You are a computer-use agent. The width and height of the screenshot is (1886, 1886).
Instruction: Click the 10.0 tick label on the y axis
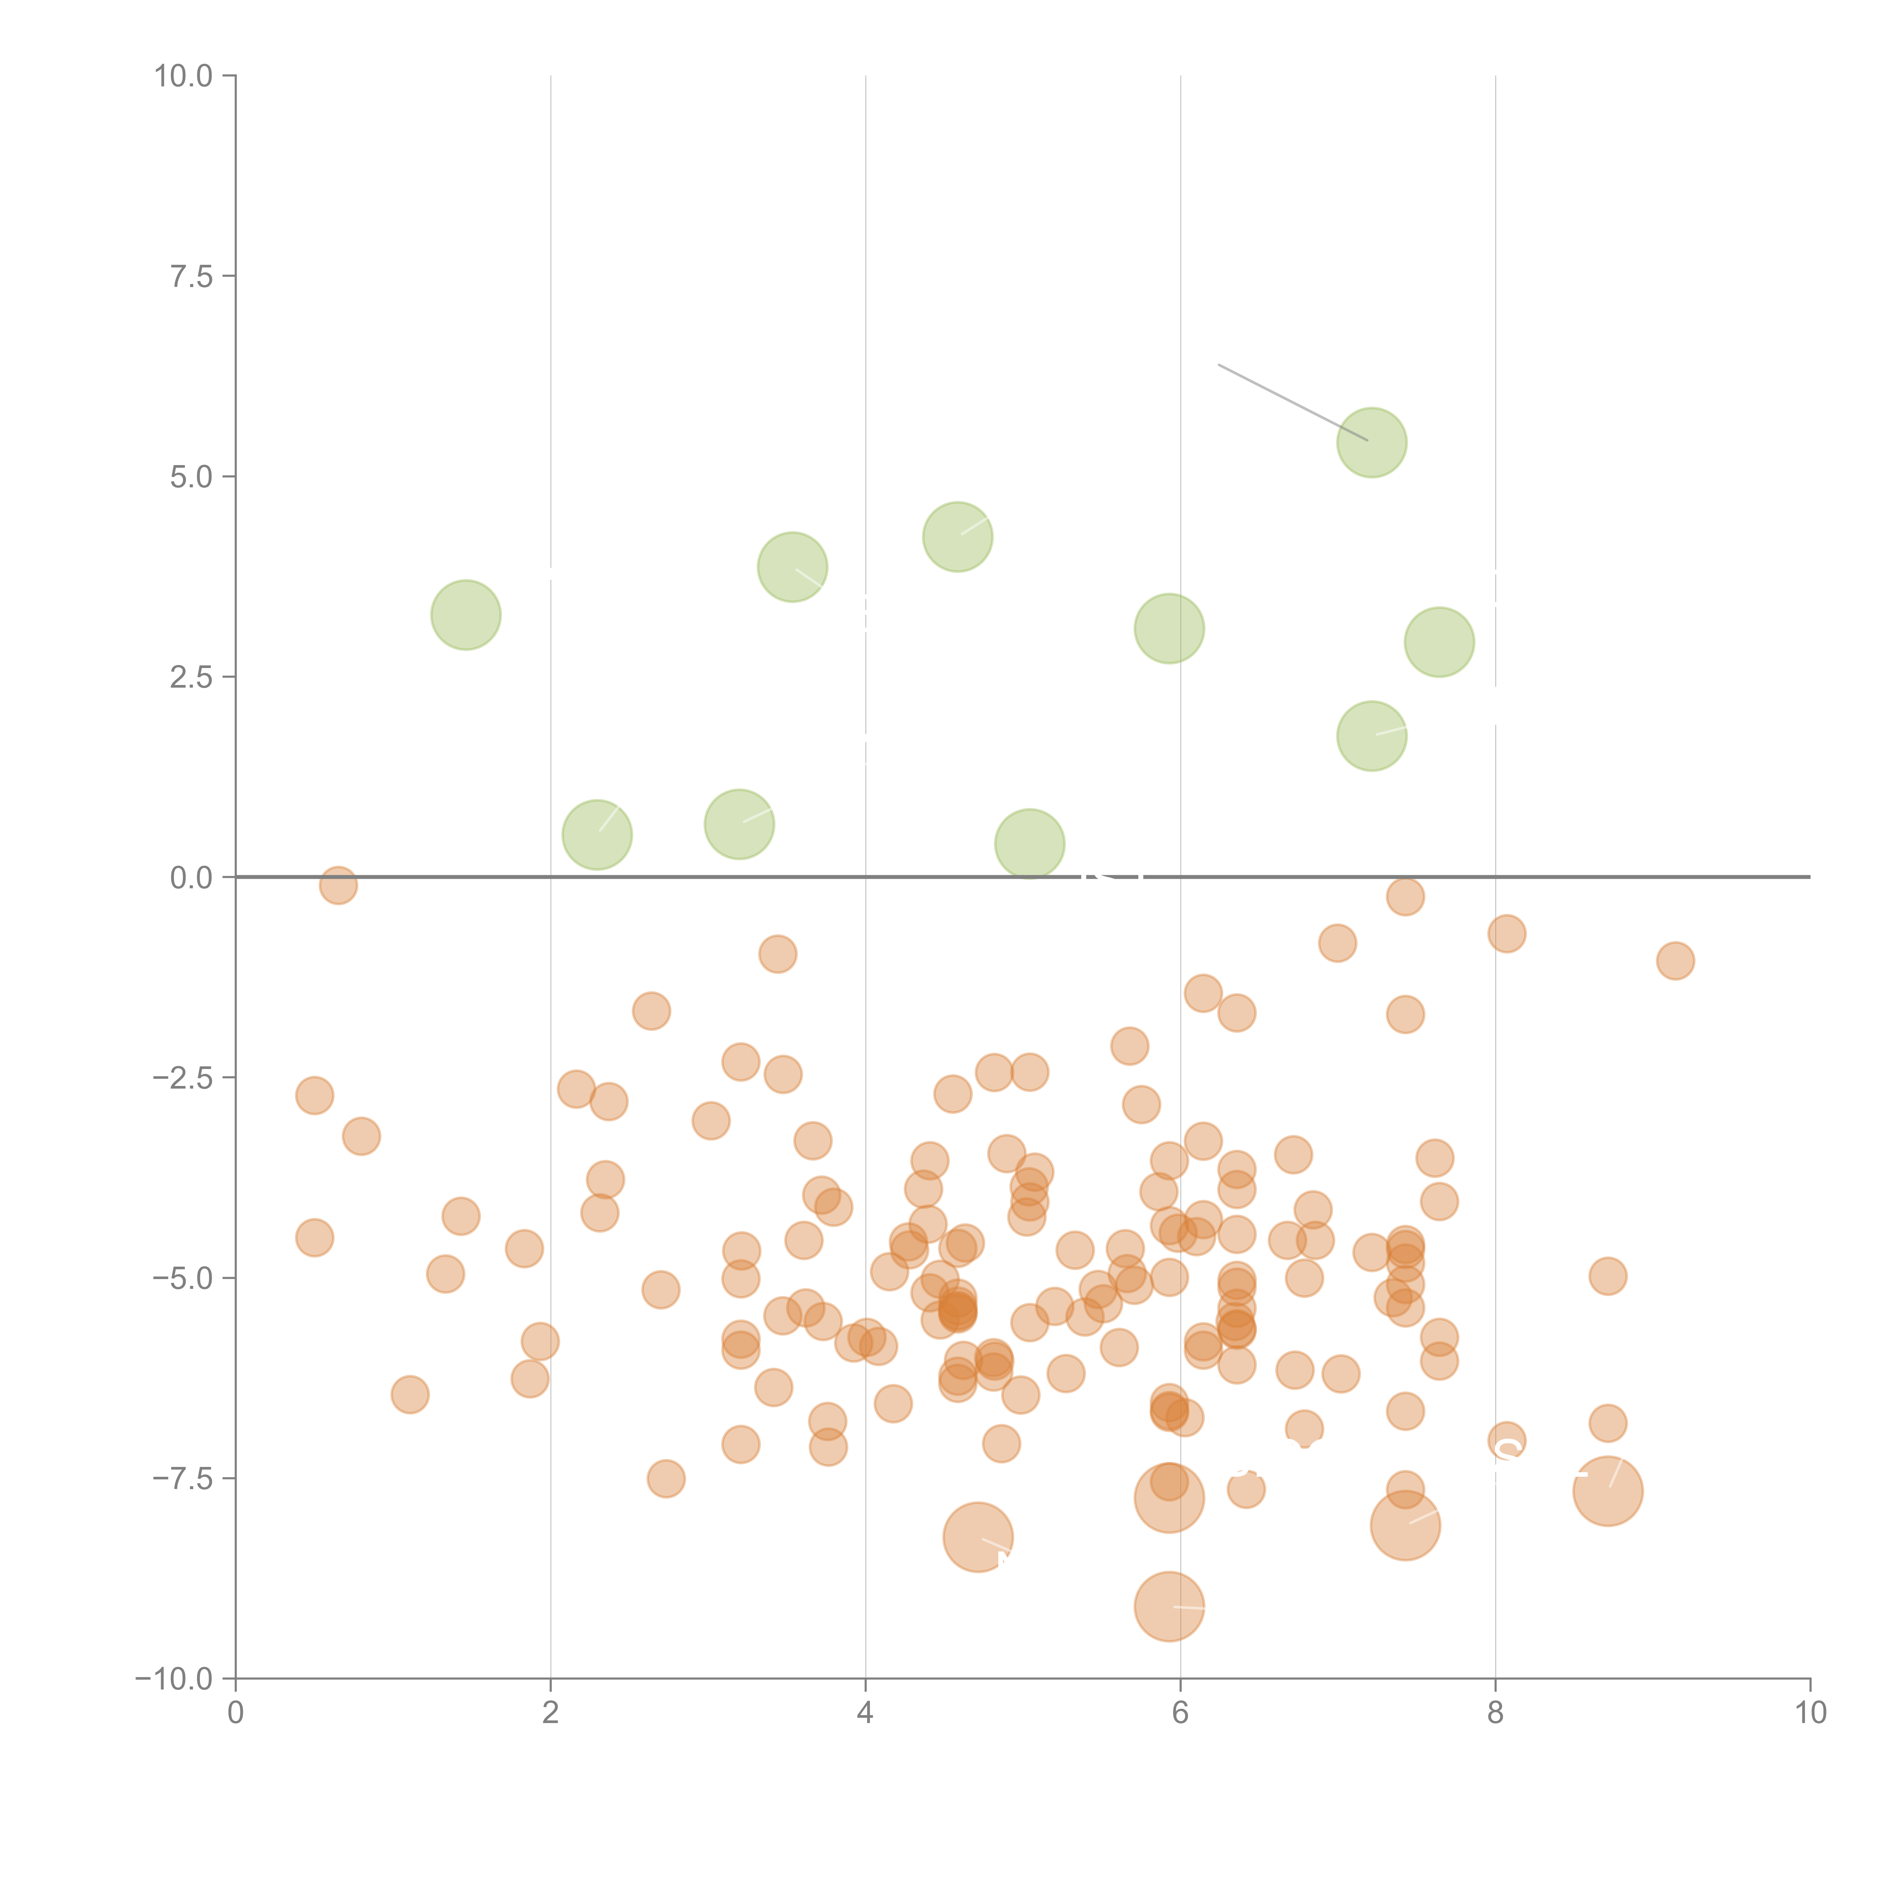pyautogui.click(x=184, y=76)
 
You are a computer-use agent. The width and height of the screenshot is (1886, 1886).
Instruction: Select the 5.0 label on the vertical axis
pyautogui.click(x=191, y=478)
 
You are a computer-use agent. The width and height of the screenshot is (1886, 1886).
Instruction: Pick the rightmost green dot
pyautogui.click(x=1439, y=642)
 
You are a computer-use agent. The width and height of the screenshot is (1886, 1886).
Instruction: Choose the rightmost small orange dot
pyautogui.click(x=1675, y=961)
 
